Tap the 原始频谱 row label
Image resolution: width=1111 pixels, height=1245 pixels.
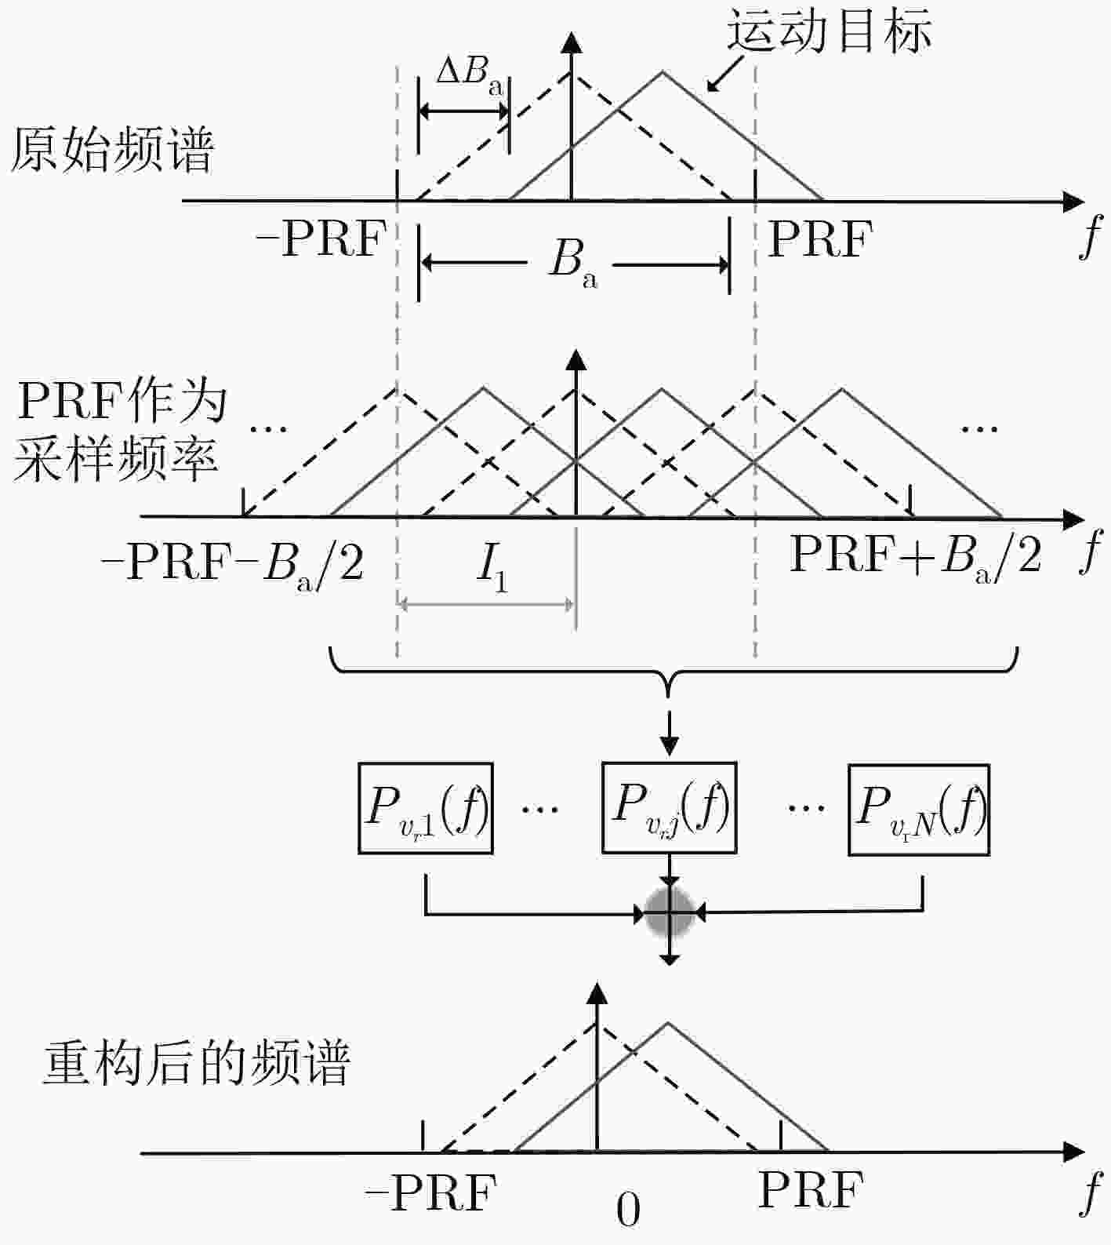111,151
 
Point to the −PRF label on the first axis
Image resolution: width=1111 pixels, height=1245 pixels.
321,238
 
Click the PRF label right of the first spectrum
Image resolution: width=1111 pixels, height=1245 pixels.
820,238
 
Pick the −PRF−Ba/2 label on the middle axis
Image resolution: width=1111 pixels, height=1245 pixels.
233,562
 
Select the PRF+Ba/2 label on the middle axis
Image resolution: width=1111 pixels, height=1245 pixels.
916,559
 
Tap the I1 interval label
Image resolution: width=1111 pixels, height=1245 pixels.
492,566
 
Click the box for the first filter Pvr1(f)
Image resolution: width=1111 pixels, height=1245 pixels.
426,808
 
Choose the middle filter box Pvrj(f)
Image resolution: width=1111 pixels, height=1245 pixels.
669,807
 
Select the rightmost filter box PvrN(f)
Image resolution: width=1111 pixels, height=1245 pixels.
919,810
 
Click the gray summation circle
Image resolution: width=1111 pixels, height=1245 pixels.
670,913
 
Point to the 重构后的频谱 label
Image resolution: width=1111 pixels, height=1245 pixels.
195,1064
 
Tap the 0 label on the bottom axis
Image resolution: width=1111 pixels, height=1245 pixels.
628,1210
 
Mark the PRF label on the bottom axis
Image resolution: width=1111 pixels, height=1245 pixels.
810,1189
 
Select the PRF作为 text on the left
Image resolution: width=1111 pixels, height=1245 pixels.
122,402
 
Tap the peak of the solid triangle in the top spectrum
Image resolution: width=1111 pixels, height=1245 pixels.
663,72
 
